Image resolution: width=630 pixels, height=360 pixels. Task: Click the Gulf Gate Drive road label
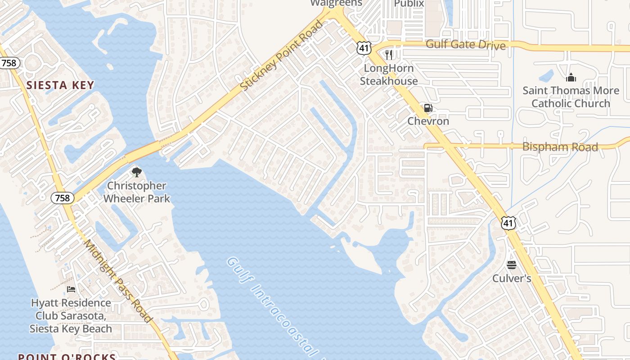[x=465, y=45]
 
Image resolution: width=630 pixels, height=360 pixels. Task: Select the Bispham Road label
[x=560, y=147]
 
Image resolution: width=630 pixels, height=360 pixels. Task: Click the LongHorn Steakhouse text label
[x=389, y=75]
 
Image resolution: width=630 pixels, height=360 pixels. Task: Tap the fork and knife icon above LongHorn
[x=389, y=55]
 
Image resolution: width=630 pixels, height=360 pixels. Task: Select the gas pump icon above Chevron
[x=428, y=108]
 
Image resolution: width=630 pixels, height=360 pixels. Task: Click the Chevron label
[x=428, y=121]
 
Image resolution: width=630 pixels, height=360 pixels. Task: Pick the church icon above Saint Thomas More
[x=571, y=77]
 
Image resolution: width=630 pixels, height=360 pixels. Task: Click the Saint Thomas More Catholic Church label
[x=571, y=97]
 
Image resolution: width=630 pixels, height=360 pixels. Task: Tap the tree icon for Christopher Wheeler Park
[x=136, y=172]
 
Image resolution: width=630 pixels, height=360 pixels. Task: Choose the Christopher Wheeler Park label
[x=137, y=192]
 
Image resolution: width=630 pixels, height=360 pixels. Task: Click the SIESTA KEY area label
[x=60, y=85]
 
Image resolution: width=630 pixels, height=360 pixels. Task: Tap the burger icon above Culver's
[x=512, y=265]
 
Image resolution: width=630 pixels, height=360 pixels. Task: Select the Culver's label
[x=512, y=278]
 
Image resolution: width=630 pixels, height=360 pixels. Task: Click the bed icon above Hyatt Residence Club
[x=71, y=289]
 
